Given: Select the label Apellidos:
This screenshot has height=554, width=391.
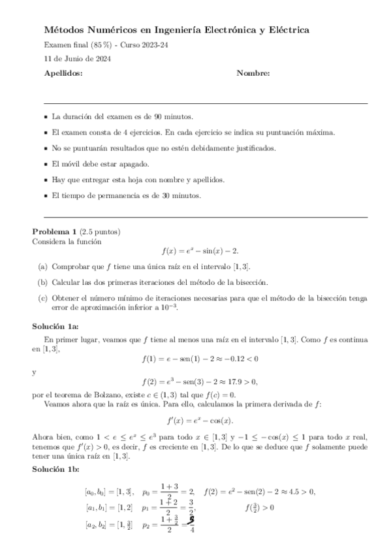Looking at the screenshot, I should (x=63, y=74).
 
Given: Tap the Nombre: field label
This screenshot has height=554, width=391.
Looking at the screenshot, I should (x=253, y=74).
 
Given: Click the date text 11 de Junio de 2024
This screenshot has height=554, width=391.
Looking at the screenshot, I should (x=77, y=59).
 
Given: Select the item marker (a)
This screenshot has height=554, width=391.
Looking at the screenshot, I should (x=42, y=267).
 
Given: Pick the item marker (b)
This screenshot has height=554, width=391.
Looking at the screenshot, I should (x=42, y=282).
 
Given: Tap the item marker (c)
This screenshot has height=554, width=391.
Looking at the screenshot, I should (x=42, y=298).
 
